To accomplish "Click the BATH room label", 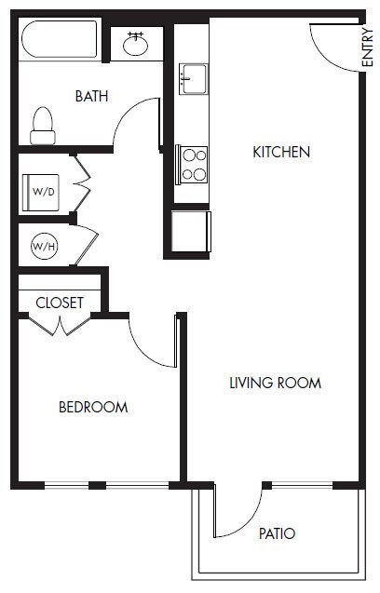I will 91,96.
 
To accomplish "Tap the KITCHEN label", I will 280,152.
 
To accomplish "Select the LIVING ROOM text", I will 275,383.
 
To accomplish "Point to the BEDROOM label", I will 93,407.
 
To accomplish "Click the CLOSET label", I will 60,303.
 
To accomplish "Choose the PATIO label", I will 277,534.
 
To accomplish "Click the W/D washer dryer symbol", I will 43,193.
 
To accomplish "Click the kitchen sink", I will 194,78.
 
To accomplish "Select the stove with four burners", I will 194,164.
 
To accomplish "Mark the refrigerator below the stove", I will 192,231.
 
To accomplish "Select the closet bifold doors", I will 60,325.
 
